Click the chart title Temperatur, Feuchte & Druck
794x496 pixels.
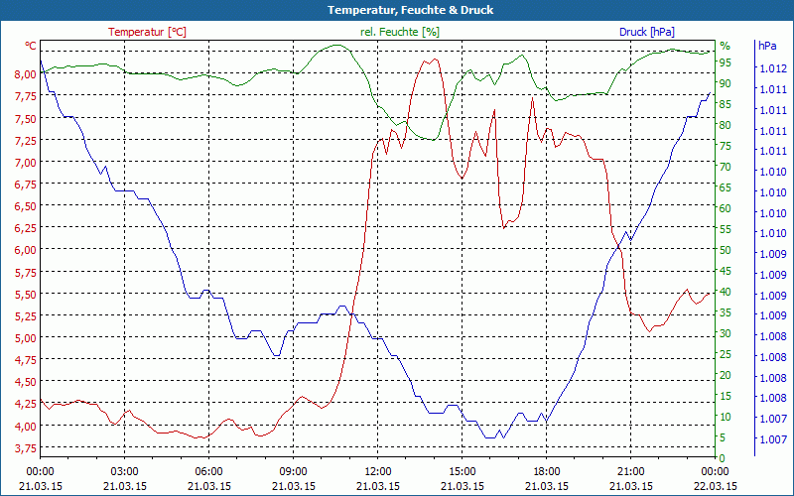(396, 10)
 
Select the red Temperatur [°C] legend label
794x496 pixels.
(147, 32)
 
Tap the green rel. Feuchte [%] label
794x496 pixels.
(399, 32)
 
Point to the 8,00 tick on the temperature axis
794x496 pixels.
(25, 74)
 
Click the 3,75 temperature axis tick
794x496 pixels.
(25, 449)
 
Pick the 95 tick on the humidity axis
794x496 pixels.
(726, 62)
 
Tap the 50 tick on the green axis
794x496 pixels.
(726, 250)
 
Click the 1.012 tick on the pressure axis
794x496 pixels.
(772, 68)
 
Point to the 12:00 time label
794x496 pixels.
(377, 471)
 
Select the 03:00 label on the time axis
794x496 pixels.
(124, 471)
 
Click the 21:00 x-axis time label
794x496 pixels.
(630, 471)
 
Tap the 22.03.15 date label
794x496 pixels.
(715, 486)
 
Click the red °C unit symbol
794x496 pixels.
(31, 46)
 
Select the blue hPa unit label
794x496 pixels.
(767, 46)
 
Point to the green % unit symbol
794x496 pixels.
(725, 46)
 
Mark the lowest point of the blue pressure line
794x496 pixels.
(488, 437)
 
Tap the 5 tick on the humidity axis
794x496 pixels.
(726, 437)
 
